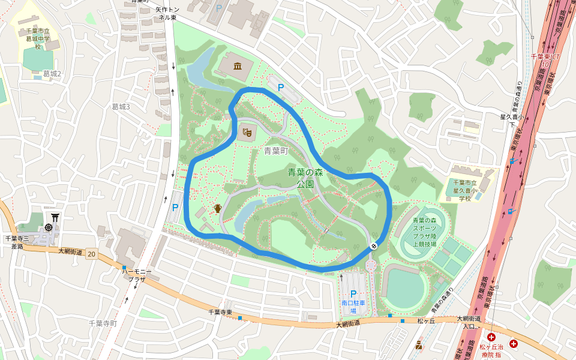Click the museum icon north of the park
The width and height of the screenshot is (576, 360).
238,66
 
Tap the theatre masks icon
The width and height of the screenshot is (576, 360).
245,131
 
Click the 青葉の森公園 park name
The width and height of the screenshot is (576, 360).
305,178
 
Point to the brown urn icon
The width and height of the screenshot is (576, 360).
217,208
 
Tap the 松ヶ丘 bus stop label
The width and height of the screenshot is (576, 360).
426,321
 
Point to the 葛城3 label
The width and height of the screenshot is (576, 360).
121,107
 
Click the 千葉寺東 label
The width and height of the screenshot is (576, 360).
220,312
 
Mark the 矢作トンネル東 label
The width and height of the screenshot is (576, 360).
167,13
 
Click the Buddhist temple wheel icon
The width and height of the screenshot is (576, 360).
49,228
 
